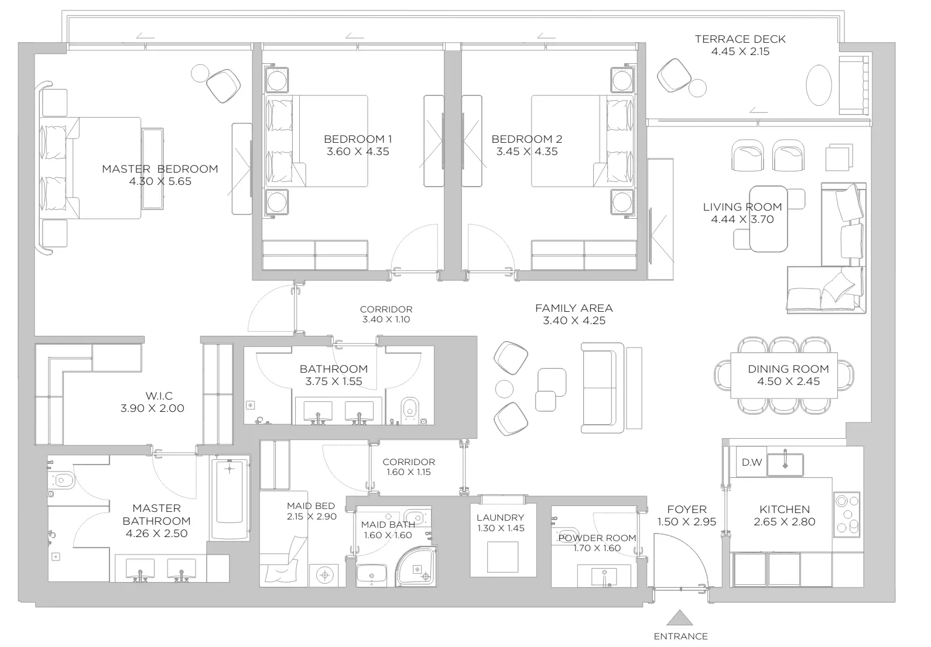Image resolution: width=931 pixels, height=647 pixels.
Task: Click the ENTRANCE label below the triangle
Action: [x=680, y=636]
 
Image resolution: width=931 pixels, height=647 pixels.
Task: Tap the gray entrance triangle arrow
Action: [x=680, y=618]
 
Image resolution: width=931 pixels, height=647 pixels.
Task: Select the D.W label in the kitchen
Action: [x=751, y=462]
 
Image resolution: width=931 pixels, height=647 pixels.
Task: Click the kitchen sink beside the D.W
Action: [x=785, y=464]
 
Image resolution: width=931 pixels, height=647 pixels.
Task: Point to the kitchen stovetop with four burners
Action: [x=847, y=514]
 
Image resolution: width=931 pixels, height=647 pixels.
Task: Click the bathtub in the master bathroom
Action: [x=230, y=497]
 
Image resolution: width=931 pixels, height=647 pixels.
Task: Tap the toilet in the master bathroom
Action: [x=61, y=481]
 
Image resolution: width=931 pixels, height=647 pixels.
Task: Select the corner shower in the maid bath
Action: [x=416, y=566]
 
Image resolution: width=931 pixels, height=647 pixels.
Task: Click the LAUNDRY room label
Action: [x=500, y=518]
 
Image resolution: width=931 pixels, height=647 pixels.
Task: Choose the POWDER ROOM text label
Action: [x=597, y=538]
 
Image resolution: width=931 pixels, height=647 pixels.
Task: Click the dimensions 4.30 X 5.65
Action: [x=160, y=181]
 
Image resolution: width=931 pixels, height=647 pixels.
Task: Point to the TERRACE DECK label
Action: [x=740, y=39]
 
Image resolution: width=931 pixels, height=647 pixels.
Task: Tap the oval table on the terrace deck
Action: [x=819, y=85]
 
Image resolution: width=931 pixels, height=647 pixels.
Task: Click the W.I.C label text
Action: [x=159, y=396]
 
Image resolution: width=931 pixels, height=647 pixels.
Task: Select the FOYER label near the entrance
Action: [x=687, y=509]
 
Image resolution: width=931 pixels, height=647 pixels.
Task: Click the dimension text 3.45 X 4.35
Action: [x=527, y=152]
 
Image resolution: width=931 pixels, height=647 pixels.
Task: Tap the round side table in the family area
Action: [x=504, y=389]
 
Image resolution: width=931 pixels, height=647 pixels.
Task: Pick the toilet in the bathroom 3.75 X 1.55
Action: [x=410, y=410]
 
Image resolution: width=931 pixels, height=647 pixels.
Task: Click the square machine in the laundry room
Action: [x=503, y=557]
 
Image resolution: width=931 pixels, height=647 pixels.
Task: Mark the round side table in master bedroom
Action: [x=200, y=74]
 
